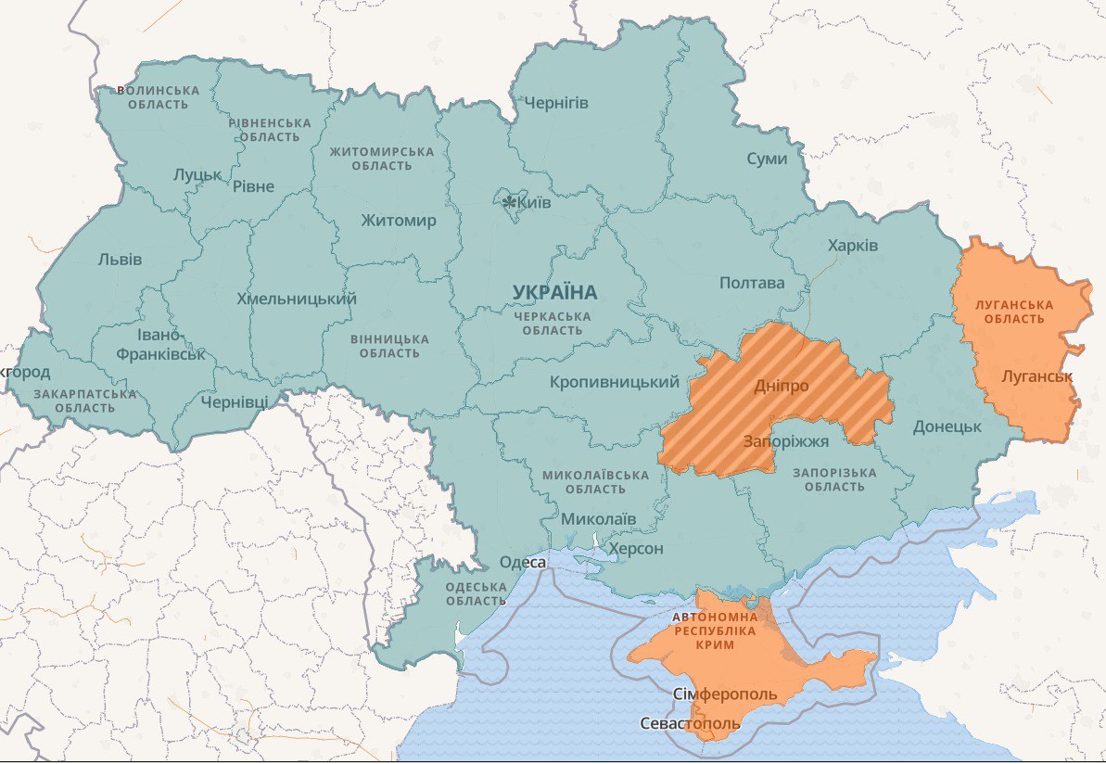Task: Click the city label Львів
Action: (120, 260)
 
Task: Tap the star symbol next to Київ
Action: (509, 201)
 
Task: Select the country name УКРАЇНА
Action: (554, 293)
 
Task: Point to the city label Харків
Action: (852, 246)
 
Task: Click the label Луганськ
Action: (1036, 376)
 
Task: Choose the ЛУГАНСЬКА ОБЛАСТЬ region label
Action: (1013, 312)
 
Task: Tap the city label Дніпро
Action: (781, 386)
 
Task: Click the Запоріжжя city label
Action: (785, 441)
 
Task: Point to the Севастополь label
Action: (690, 723)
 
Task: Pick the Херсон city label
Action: (636, 549)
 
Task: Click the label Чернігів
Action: (556, 102)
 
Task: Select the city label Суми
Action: (767, 159)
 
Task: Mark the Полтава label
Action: (751, 283)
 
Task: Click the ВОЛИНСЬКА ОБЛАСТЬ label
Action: (158, 97)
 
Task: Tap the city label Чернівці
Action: (235, 401)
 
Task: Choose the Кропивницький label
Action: (614, 382)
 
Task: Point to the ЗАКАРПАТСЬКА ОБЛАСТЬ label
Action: (84, 401)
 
